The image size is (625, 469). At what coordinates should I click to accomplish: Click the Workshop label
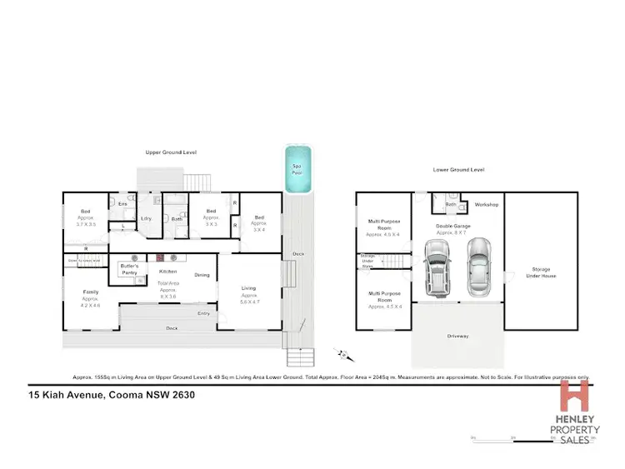tap(487, 204)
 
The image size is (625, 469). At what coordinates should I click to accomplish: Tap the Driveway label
tap(457, 337)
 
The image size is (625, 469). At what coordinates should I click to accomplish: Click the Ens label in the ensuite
tap(122, 203)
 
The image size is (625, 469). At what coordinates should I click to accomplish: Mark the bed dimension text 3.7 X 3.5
tap(86, 225)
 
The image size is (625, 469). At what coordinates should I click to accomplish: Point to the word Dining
tap(202, 274)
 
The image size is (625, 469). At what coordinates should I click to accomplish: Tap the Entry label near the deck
tap(203, 313)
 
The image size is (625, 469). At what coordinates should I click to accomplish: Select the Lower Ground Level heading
tap(458, 169)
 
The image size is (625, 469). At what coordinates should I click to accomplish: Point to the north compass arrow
tap(341, 354)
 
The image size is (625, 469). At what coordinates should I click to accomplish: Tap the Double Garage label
tap(453, 226)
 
